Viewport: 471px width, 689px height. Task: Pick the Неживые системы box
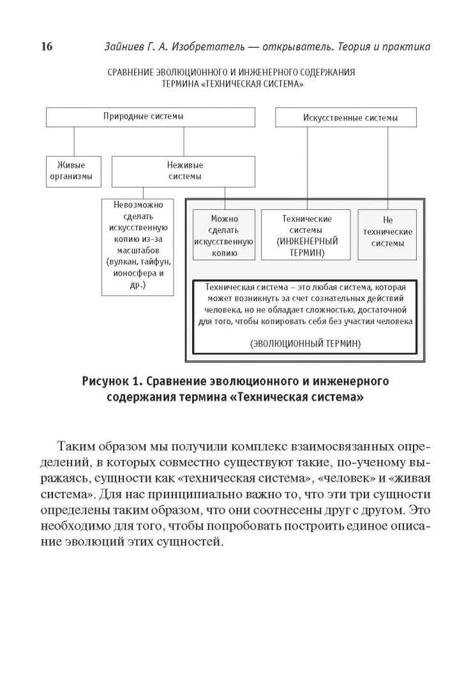click(x=184, y=170)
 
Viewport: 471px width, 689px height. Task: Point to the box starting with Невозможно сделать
click(x=138, y=246)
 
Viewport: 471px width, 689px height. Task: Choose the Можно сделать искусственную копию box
click(x=224, y=235)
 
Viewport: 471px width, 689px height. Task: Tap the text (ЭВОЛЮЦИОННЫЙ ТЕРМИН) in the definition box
click(x=305, y=343)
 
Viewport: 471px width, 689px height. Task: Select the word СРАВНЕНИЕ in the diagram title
click(x=133, y=73)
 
